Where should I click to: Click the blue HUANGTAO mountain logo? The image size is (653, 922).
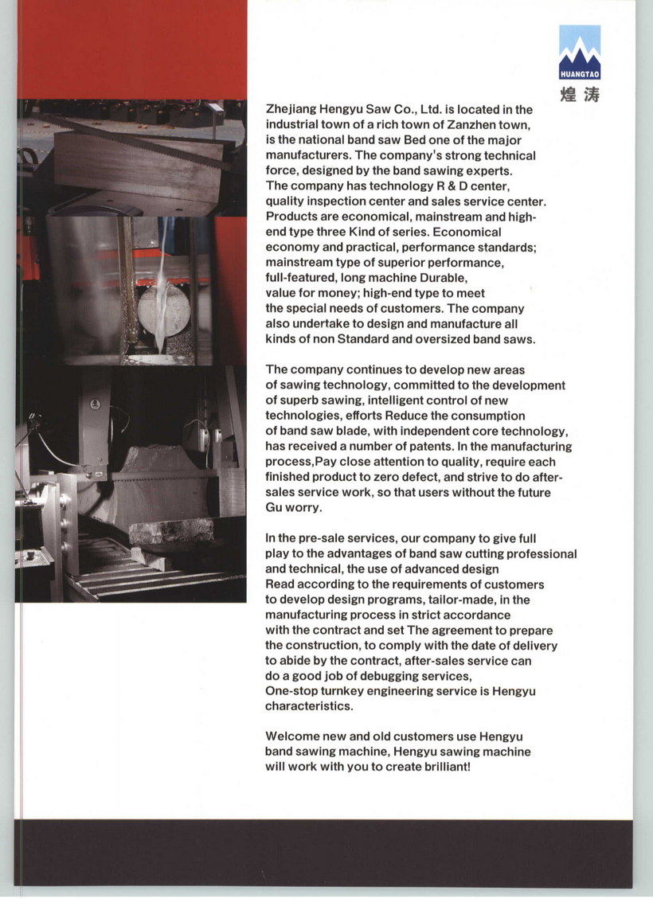pos(580,53)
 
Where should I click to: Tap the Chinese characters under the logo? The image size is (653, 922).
pos(580,93)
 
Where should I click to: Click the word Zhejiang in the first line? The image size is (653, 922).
pos(291,109)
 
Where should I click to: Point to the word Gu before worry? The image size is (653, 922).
pos(274,507)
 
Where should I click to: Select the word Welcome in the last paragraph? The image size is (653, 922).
pos(291,736)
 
